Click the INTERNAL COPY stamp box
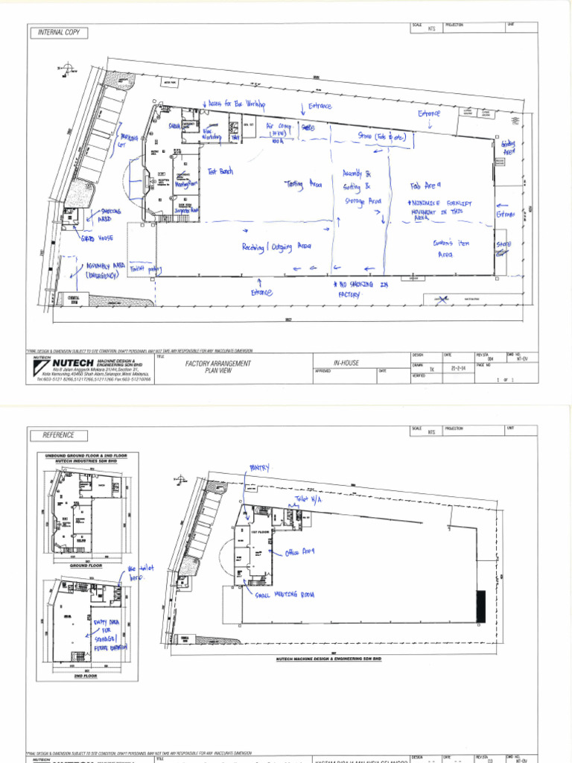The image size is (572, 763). click(x=58, y=33)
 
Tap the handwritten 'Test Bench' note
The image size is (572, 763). click(x=220, y=171)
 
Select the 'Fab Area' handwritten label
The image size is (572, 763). click(x=426, y=186)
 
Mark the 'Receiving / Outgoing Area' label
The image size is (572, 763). click(x=276, y=246)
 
